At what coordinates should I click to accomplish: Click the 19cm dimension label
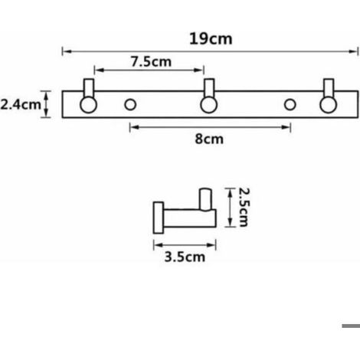(x=211, y=39)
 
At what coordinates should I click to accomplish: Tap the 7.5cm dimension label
(x=151, y=62)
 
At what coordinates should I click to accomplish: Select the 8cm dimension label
(x=209, y=139)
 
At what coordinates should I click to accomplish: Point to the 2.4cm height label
(x=21, y=105)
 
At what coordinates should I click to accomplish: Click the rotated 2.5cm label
(x=244, y=208)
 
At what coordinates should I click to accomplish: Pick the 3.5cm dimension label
(x=185, y=257)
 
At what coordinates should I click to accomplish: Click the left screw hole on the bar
(x=130, y=105)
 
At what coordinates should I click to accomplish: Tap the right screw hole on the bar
(x=290, y=105)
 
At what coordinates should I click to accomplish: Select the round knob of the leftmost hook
(x=88, y=105)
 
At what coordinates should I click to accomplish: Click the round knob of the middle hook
(x=209, y=105)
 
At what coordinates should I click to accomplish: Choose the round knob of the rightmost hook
(x=329, y=105)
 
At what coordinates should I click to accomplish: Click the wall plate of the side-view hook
(x=159, y=218)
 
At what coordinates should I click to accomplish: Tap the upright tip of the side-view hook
(x=205, y=199)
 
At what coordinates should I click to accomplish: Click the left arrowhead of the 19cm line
(x=67, y=51)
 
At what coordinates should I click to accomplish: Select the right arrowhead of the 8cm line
(x=286, y=127)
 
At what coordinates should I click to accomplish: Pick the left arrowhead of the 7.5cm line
(x=99, y=70)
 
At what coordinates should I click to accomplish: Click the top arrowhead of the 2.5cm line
(x=230, y=193)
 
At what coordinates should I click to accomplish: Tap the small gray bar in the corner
(x=351, y=326)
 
